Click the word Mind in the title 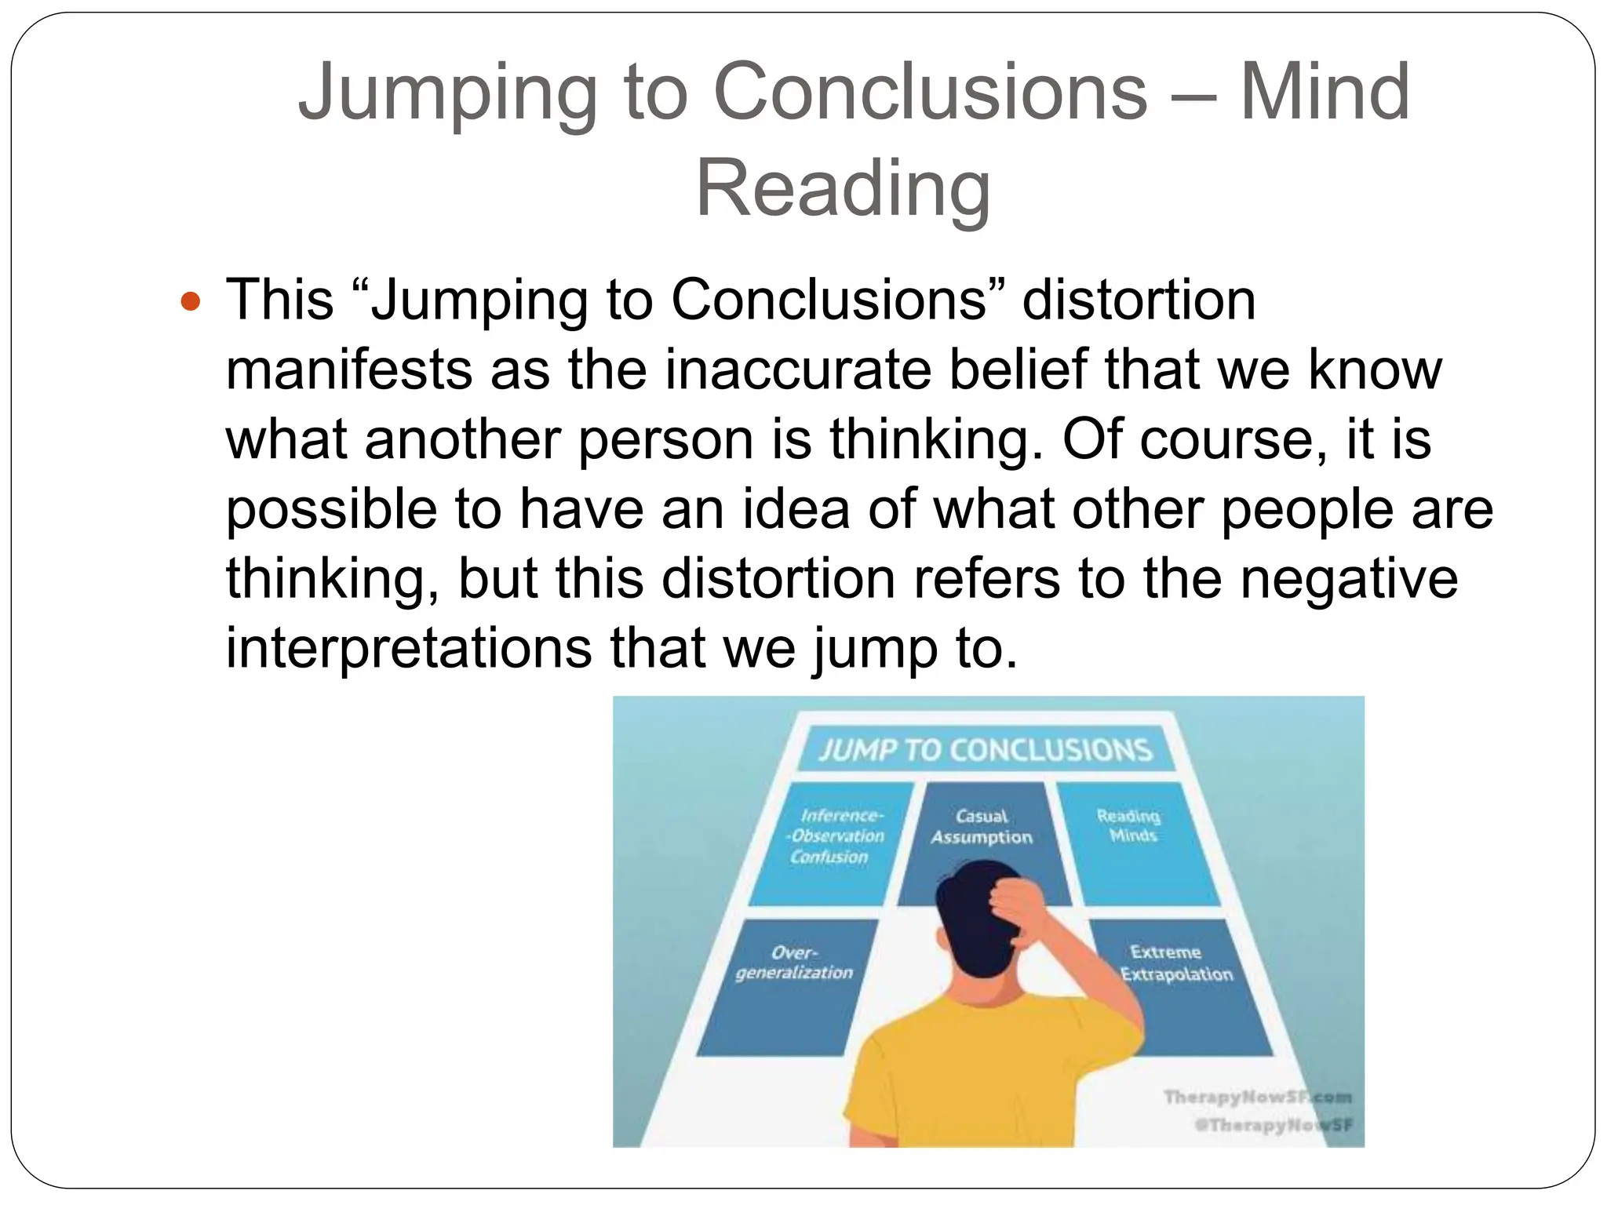(x=1325, y=93)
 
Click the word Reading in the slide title (x=843, y=189)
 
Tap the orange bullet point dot (x=191, y=301)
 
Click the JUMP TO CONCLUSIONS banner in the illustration (x=986, y=750)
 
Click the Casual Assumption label (x=982, y=827)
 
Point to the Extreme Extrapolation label (x=1175, y=963)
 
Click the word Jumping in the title (x=446, y=93)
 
